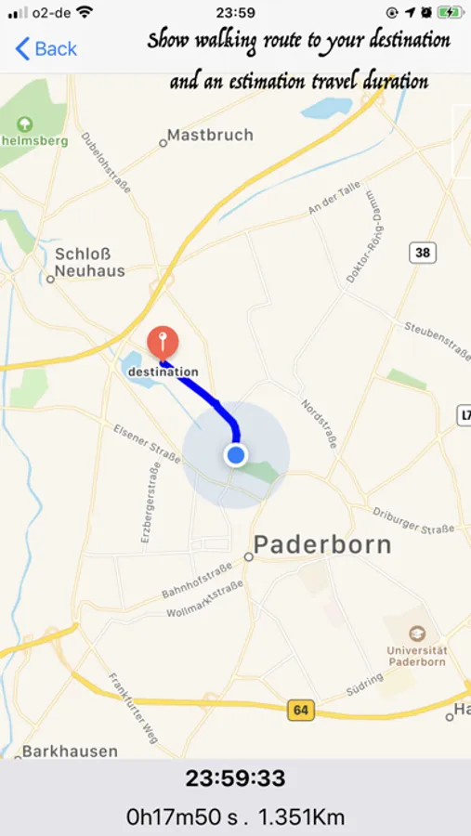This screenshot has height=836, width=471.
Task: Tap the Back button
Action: pyautogui.click(x=46, y=48)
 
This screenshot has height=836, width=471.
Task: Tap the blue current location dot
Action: pyautogui.click(x=236, y=455)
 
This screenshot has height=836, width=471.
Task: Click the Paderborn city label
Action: pyautogui.click(x=322, y=544)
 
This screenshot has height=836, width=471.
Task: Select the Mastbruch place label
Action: pyautogui.click(x=210, y=136)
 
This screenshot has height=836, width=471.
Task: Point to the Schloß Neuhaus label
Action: pyautogui.click(x=89, y=262)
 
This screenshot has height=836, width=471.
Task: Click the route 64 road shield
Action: pyautogui.click(x=300, y=711)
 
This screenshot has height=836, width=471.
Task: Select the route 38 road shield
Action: pyautogui.click(x=423, y=252)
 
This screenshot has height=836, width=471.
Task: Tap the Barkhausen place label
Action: pyautogui.click(x=71, y=751)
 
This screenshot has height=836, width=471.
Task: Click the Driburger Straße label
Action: pyautogui.click(x=413, y=519)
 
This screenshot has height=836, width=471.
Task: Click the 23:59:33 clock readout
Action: pyautogui.click(x=235, y=778)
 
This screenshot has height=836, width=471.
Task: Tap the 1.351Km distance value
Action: pyautogui.click(x=301, y=816)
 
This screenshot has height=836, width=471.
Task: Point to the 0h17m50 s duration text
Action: pyautogui.click(x=183, y=816)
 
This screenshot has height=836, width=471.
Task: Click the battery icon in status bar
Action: pyautogui.click(x=450, y=13)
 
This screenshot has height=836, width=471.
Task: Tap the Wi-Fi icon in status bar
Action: pyautogui.click(x=85, y=13)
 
